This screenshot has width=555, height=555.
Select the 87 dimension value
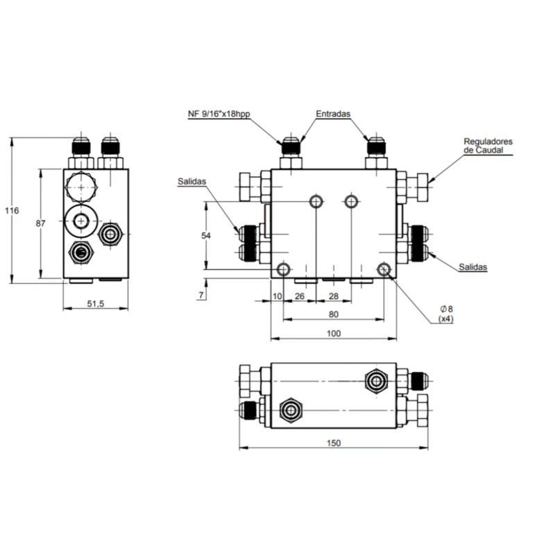tap(40, 223)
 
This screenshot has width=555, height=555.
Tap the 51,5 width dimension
tap(95, 304)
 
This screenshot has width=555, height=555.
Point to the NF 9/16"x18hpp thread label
tap(218, 114)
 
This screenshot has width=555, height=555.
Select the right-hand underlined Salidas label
tap(474, 267)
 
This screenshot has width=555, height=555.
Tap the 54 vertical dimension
tap(205, 236)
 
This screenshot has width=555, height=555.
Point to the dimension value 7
tap(200, 296)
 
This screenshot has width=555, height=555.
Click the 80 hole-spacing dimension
tap(333, 314)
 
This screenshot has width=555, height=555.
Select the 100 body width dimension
tap(333, 334)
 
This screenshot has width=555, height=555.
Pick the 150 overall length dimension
tap(333, 444)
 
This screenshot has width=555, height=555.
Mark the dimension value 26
tap(299, 296)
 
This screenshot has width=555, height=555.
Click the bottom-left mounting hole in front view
tap(283, 269)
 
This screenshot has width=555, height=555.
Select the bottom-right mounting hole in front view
tap(383, 269)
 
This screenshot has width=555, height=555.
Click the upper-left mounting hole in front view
tap(316, 201)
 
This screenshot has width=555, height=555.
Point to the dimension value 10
tap(277, 296)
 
